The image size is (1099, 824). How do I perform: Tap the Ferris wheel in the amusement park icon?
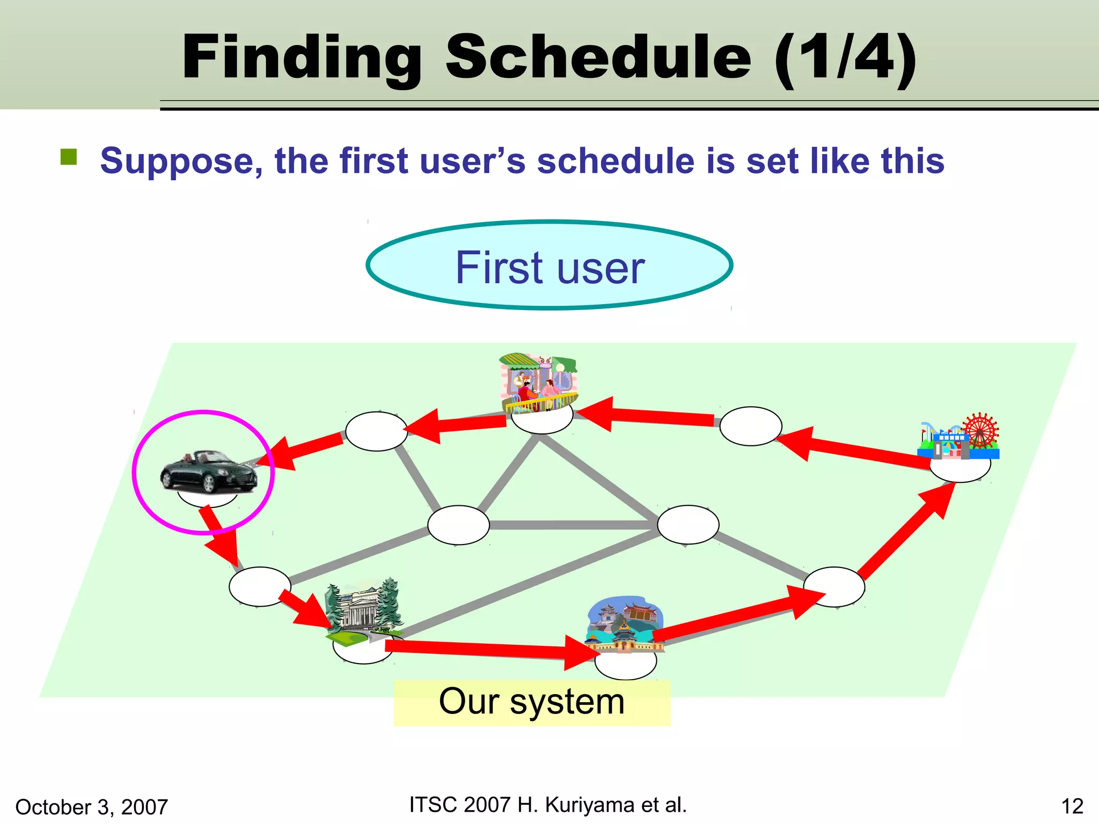pyautogui.click(x=980, y=430)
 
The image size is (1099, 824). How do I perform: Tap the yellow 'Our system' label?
pyautogui.click(x=532, y=702)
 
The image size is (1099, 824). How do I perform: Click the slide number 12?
pyautogui.click(x=1072, y=806)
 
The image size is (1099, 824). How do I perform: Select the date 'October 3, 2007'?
pyautogui.click(x=92, y=807)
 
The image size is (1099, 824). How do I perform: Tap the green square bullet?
pyautogui.click(x=69, y=157)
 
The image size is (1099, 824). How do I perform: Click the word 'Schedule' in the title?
pyautogui.click(x=598, y=57)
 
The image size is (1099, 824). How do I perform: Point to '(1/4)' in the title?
pyautogui.click(x=845, y=57)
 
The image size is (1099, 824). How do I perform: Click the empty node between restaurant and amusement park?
pyautogui.click(x=750, y=426)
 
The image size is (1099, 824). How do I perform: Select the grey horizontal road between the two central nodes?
pyautogui.click(x=573, y=525)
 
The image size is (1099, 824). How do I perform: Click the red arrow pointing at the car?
pyautogui.click(x=303, y=448)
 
